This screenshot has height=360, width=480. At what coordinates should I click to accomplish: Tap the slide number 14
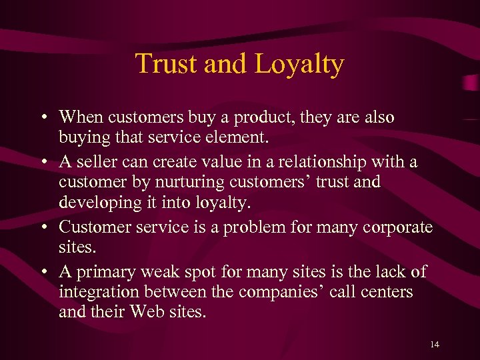(x=435, y=344)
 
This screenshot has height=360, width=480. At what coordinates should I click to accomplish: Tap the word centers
(x=388, y=293)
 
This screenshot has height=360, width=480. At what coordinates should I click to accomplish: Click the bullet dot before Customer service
(x=43, y=227)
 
